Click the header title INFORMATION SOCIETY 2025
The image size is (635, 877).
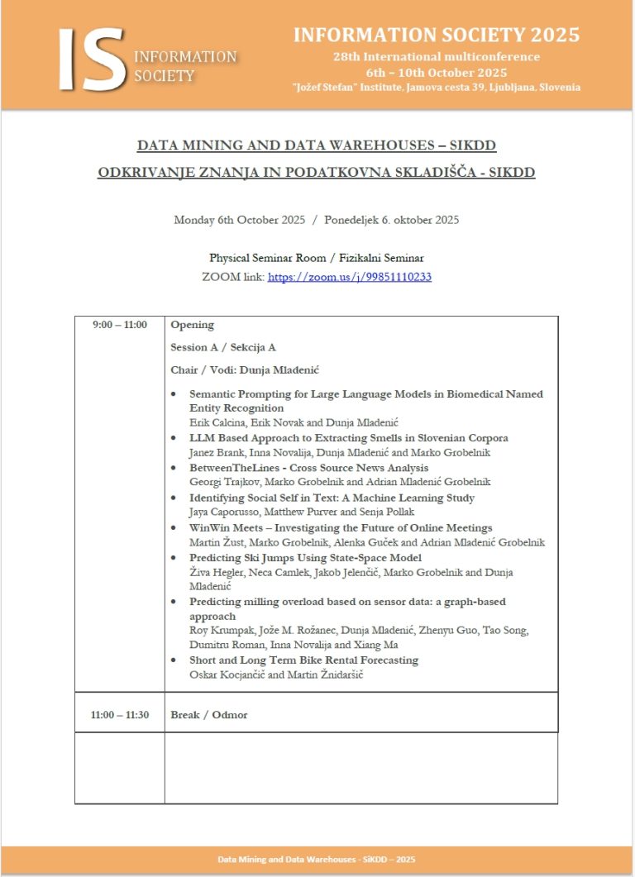(x=436, y=35)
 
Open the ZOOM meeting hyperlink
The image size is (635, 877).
(x=349, y=277)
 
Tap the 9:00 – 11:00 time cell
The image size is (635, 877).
(x=120, y=325)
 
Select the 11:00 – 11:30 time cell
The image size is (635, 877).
(x=120, y=714)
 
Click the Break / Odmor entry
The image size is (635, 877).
(x=208, y=714)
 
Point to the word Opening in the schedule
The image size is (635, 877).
(x=192, y=325)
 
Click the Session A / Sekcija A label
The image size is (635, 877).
(x=222, y=347)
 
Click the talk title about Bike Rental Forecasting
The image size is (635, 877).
(x=303, y=660)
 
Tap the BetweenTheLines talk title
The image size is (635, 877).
(x=308, y=468)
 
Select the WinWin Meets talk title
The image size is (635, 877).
(x=341, y=527)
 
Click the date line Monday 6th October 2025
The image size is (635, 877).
(x=316, y=220)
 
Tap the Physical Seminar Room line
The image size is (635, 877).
(x=317, y=258)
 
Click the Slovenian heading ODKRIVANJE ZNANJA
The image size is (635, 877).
(x=317, y=172)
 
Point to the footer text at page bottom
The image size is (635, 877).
(x=317, y=860)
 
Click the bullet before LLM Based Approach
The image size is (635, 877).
(x=173, y=438)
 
